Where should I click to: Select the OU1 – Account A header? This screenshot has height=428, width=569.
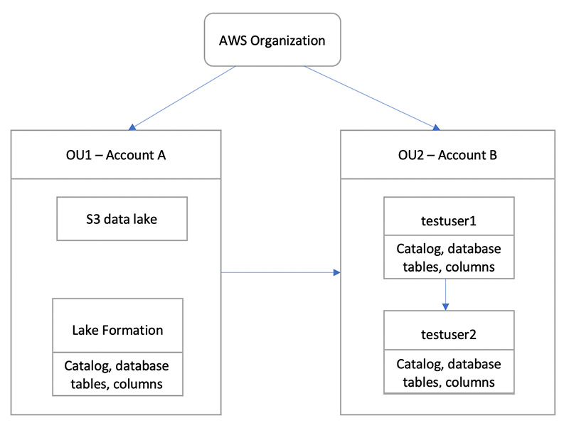[x=117, y=155]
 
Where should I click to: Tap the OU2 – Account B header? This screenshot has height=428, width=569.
[x=447, y=155]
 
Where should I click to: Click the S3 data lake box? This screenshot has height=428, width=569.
[x=122, y=219]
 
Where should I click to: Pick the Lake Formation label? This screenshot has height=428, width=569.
[x=117, y=330]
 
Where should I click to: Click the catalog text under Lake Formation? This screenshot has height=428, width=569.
[x=117, y=374]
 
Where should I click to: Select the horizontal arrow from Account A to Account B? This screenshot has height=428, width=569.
[x=281, y=272]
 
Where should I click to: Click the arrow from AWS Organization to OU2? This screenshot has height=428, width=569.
[x=370, y=97]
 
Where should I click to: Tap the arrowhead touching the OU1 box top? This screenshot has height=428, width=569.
[x=132, y=127]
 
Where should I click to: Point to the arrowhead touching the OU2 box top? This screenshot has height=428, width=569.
[x=437, y=127]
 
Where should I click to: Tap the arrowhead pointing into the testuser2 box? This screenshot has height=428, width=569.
[x=445, y=306]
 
